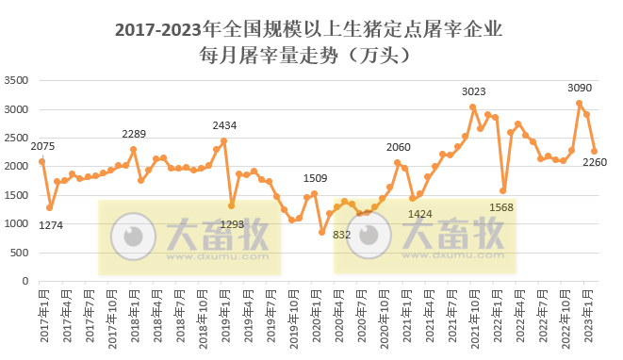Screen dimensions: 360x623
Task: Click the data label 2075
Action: coord(43,146)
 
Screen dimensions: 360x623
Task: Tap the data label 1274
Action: coord(49,224)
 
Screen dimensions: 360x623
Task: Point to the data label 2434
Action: coord(224,125)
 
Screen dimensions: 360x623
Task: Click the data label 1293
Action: coord(232,224)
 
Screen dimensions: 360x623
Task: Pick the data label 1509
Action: coord(315,178)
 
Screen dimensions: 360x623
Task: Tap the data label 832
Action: coord(342,234)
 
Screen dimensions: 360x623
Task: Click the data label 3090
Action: coord(580,88)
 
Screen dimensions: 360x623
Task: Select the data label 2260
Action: coord(596,162)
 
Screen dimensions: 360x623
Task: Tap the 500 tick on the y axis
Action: coord(23,253)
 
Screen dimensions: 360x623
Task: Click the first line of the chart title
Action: coord(307,29)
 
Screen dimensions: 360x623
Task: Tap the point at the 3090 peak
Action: coord(579,104)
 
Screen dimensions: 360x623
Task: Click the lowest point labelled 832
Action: coord(321,233)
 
